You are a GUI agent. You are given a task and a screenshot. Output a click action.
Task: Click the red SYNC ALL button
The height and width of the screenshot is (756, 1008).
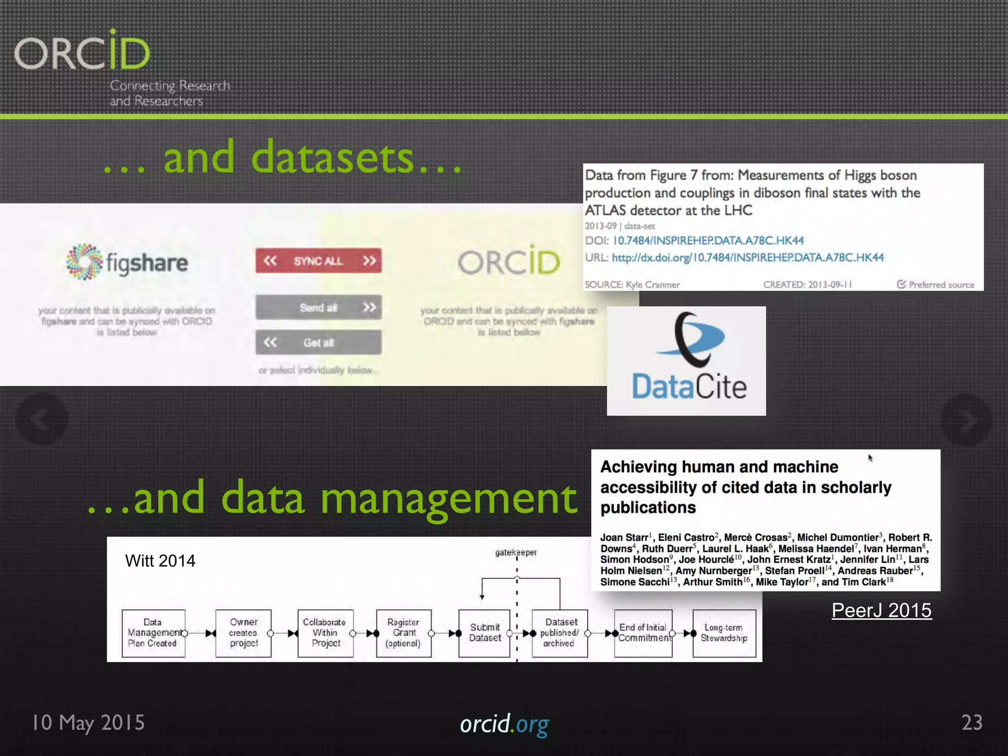(318, 260)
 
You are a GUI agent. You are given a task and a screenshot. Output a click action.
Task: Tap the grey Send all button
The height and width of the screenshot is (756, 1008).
(318, 308)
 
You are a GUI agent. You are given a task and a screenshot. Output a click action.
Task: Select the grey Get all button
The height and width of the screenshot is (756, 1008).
(318, 342)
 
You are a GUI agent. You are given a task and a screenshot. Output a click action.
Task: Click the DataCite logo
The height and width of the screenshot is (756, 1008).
(686, 361)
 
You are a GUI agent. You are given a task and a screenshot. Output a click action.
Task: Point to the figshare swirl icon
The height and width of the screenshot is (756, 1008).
(84, 262)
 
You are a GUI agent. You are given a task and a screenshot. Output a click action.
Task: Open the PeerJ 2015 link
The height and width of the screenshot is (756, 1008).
(882, 610)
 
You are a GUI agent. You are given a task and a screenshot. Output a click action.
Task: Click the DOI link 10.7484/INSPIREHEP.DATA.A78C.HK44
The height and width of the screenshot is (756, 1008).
(708, 241)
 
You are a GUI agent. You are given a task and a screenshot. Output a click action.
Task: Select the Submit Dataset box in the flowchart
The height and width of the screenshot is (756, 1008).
(484, 633)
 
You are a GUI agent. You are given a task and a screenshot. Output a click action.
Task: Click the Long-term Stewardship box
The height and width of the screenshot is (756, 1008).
(724, 633)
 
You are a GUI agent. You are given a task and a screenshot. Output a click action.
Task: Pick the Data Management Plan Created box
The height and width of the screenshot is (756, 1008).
(154, 633)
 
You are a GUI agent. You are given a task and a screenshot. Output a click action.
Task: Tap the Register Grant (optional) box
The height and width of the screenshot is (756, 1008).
(404, 633)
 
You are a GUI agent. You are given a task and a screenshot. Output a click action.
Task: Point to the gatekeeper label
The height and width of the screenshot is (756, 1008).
(516, 552)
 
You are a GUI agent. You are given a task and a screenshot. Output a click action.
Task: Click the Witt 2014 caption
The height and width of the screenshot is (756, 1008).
(160, 561)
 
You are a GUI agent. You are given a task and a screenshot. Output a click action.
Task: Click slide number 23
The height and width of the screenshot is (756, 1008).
(972, 723)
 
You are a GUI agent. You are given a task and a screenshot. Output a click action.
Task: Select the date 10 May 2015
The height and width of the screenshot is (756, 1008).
(89, 723)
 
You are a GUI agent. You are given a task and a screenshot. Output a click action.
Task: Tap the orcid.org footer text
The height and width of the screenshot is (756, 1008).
(504, 724)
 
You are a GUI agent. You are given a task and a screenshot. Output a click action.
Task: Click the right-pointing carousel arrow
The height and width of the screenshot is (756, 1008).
(966, 420)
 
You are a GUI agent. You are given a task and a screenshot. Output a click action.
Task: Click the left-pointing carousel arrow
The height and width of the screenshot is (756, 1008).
(42, 419)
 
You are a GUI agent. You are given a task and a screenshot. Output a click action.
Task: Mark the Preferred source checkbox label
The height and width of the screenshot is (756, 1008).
(936, 284)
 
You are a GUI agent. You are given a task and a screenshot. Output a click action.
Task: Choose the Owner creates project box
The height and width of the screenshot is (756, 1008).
(244, 633)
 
